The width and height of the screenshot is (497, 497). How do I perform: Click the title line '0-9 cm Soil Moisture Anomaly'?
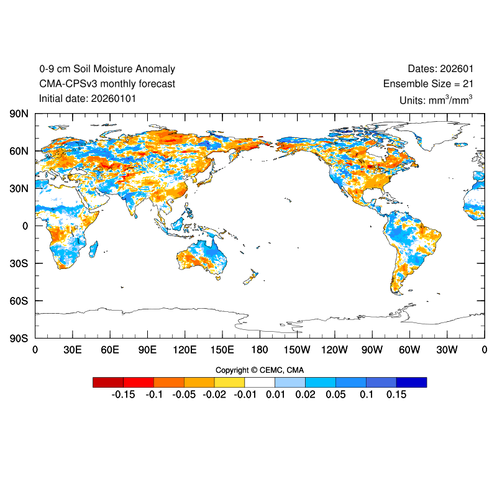(107, 69)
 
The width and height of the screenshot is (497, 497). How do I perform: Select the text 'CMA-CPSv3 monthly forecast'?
(107, 84)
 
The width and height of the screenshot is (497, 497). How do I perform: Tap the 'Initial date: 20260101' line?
(88, 98)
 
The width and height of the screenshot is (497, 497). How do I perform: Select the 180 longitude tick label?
(260, 350)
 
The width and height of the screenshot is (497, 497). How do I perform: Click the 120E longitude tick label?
(185, 350)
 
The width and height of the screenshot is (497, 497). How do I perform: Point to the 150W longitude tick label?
(297, 350)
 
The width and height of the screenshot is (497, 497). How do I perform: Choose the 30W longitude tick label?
(447, 350)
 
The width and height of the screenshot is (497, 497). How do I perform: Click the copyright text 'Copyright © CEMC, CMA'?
(260, 370)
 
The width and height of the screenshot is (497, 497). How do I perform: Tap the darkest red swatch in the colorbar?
(107, 382)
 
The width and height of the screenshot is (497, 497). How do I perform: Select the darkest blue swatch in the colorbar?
(412, 382)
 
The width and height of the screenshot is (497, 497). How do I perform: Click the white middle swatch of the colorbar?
(260, 382)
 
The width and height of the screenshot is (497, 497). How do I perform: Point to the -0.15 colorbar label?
(123, 394)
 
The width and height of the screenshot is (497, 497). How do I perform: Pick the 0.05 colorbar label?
(335, 394)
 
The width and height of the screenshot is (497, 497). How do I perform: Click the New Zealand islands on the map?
(251, 277)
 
